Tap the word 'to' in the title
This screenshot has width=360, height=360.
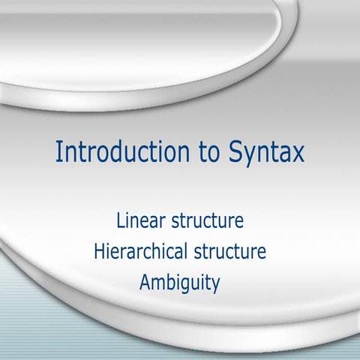pyautogui.click(x=201, y=152)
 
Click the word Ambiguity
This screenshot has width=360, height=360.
pyautogui.click(x=179, y=284)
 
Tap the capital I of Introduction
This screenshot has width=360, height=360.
pyautogui.click(x=59, y=151)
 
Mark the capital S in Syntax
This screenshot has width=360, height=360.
pyautogui.click(x=228, y=151)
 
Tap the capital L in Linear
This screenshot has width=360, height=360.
pyautogui.click(x=120, y=222)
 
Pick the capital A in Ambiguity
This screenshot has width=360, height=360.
pyautogui.click(x=145, y=283)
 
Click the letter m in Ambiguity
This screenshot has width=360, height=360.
pyautogui.click(x=160, y=284)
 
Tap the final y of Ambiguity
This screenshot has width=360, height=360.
pyautogui.click(x=214, y=286)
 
